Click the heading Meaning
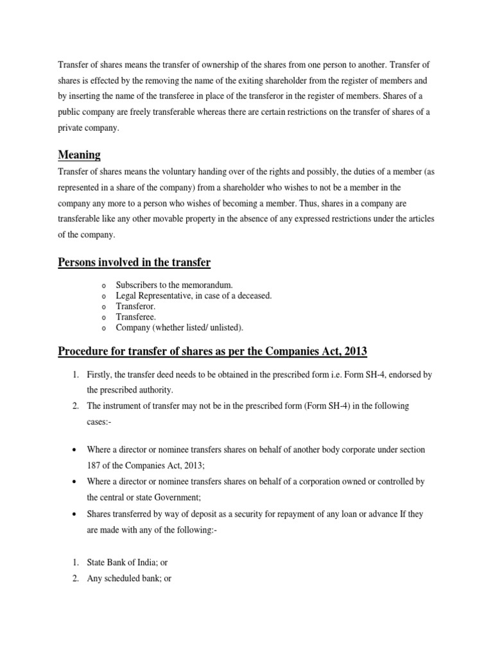tap(80, 155)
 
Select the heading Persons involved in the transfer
tap(134, 262)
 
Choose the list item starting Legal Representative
tap(194, 295)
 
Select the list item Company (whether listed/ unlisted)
tap(180, 327)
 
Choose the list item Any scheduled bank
tap(129, 578)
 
